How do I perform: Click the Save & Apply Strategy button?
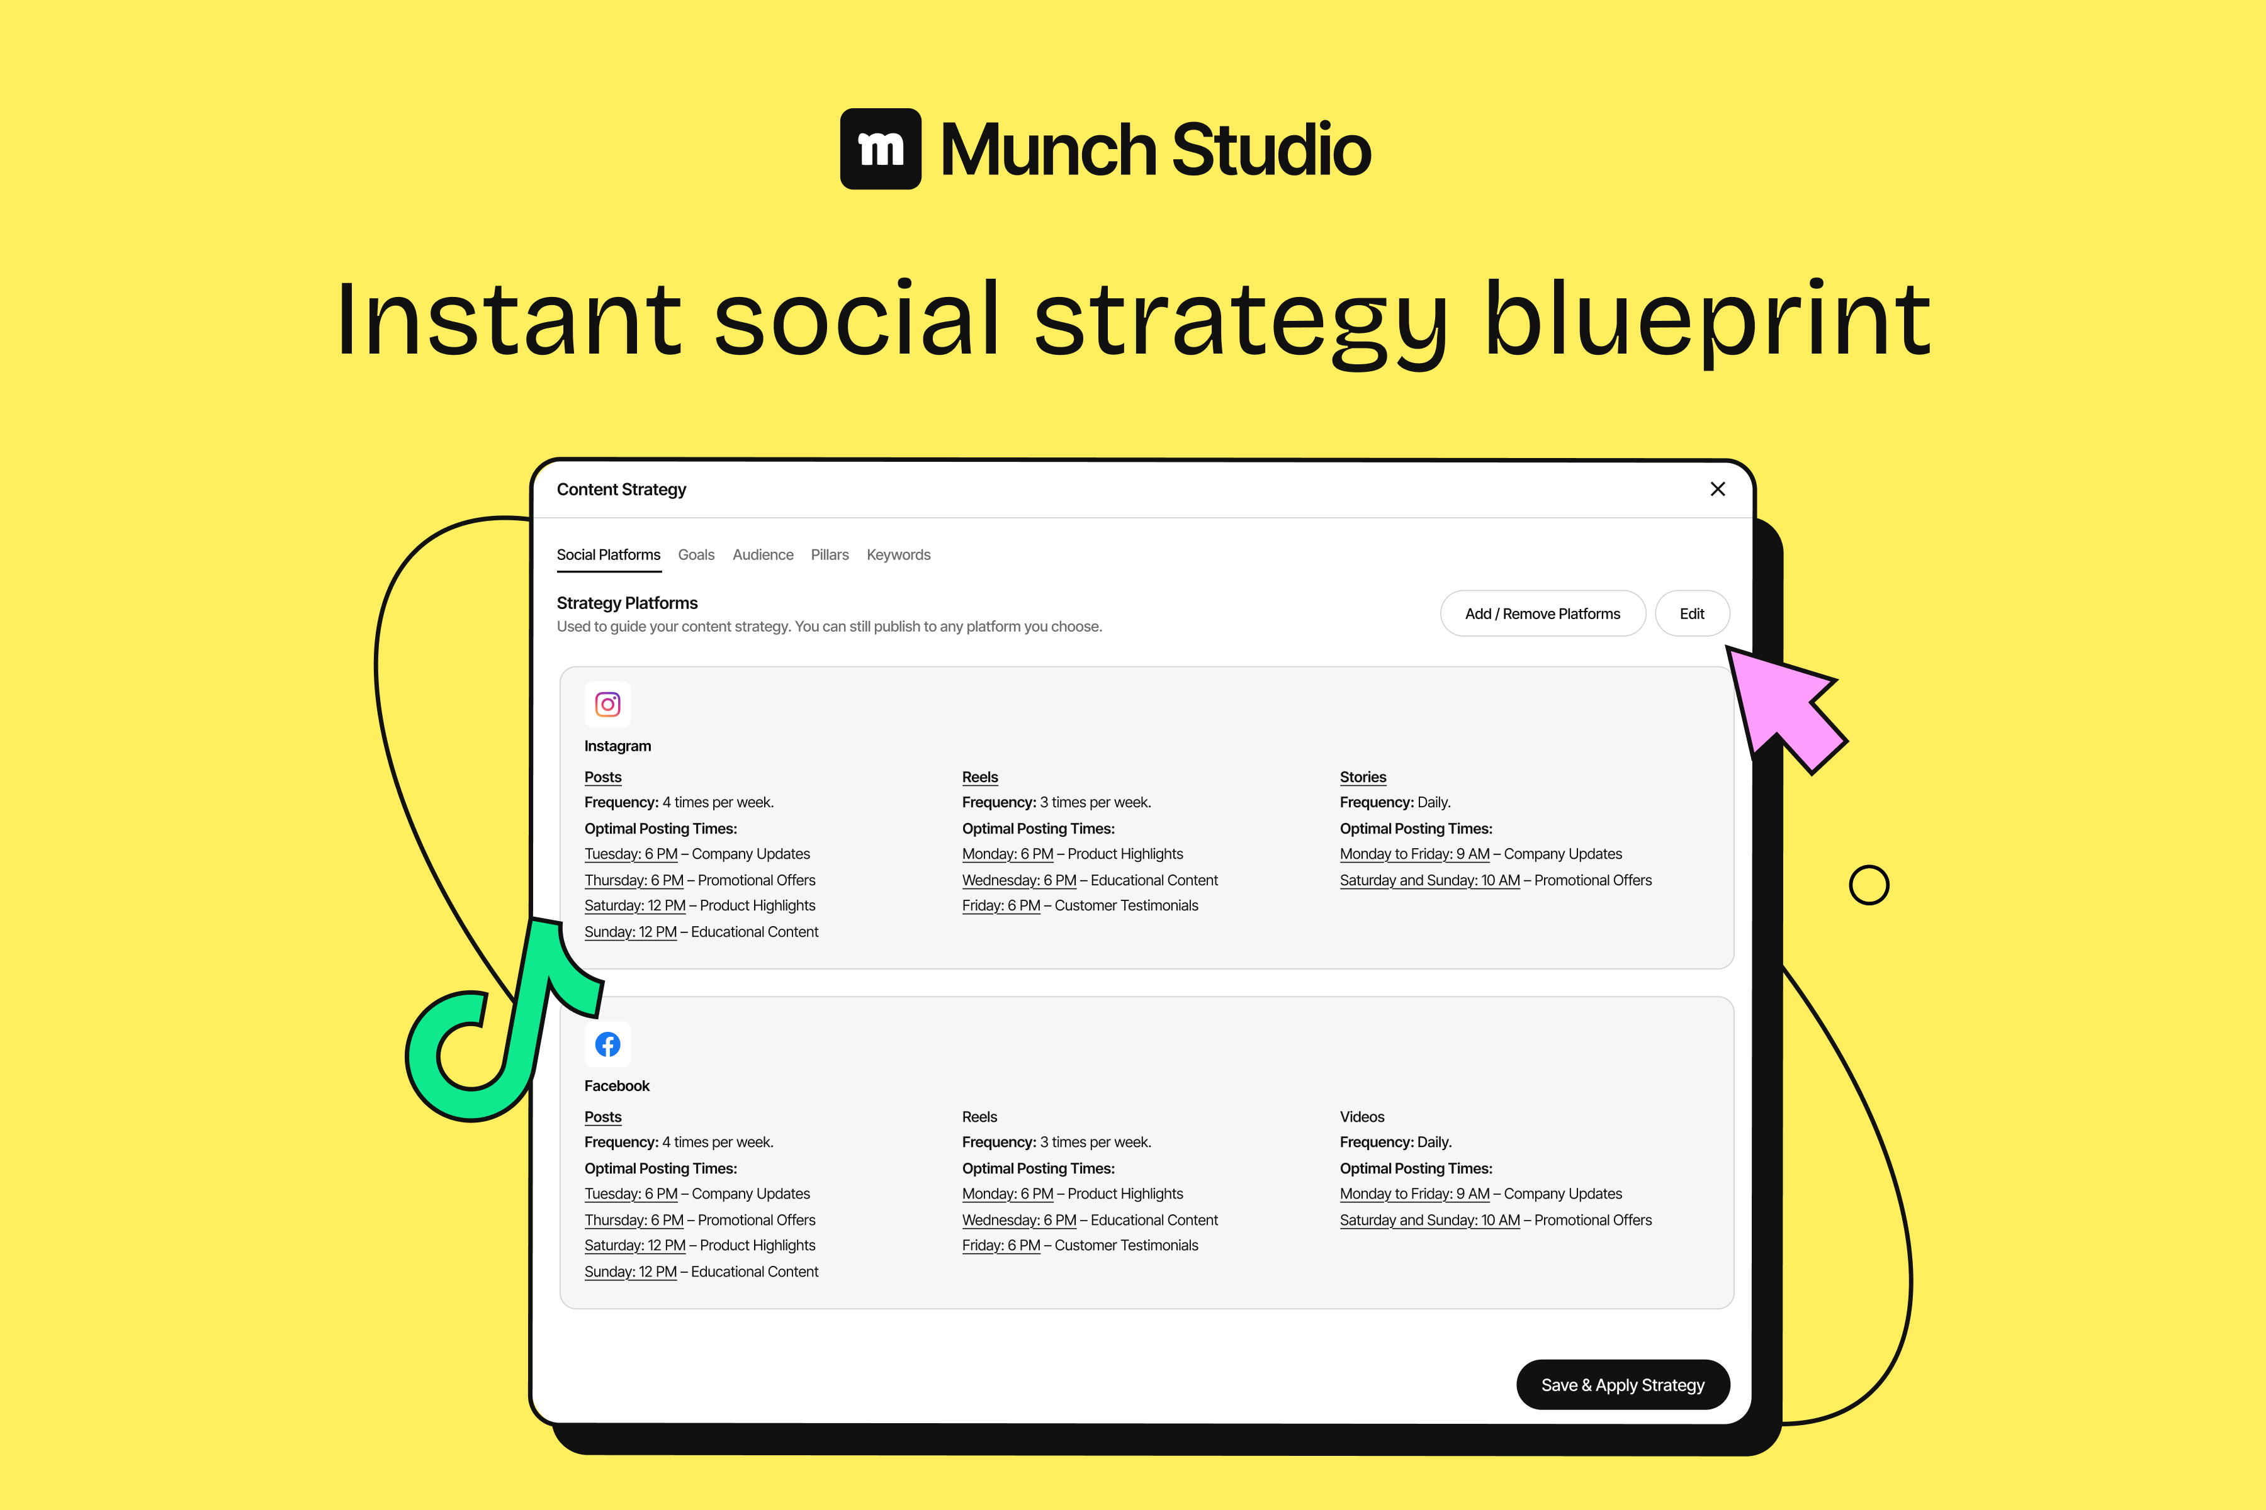(1623, 1385)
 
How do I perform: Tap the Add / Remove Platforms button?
(1543, 613)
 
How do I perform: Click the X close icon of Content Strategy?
(1717, 489)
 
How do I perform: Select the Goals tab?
(696, 555)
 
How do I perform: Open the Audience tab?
(763, 555)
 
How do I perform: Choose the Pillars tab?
(830, 555)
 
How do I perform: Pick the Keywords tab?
(898, 555)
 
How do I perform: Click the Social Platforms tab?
(608, 555)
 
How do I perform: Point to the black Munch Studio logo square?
(881, 149)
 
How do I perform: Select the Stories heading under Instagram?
(1362, 777)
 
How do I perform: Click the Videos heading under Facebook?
(1361, 1117)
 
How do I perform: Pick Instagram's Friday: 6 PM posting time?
(1001, 906)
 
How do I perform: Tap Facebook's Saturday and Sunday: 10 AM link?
(1429, 1220)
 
